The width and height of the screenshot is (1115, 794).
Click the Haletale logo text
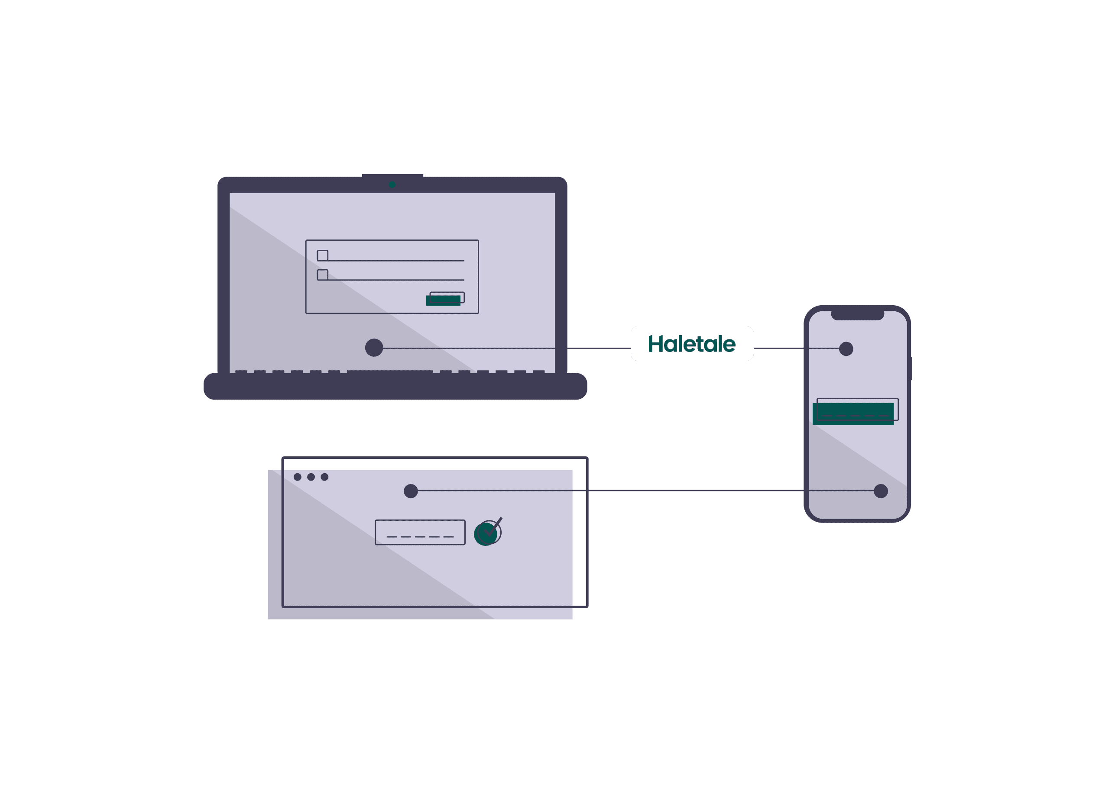pyautogui.click(x=691, y=344)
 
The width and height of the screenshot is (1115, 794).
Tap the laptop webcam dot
pyautogui.click(x=392, y=185)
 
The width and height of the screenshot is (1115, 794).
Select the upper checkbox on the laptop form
pyautogui.click(x=322, y=256)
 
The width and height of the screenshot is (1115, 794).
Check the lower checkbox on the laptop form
pyautogui.click(x=322, y=275)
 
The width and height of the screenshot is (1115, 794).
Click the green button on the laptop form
pyautogui.click(x=443, y=300)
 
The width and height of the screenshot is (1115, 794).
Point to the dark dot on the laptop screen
pyautogui.click(x=374, y=348)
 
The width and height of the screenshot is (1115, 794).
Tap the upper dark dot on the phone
pyautogui.click(x=846, y=349)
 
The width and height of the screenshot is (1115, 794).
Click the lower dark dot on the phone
pyautogui.click(x=881, y=491)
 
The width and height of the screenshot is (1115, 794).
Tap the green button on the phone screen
pyautogui.click(x=853, y=413)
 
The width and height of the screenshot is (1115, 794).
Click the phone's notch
pyautogui.click(x=857, y=315)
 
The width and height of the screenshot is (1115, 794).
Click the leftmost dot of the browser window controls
pyautogui.click(x=298, y=477)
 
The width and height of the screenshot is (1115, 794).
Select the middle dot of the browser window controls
pyautogui.click(x=311, y=477)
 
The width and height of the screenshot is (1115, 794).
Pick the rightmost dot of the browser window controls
pyautogui.click(x=324, y=477)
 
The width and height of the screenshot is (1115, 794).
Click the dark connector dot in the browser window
pyautogui.click(x=411, y=491)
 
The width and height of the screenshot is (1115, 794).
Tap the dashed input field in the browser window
pyautogui.click(x=420, y=533)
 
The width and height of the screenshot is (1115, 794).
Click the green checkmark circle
pyautogui.click(x=485, y=534)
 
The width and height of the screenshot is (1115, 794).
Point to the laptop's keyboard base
pyautogui.click(x=395, y=386)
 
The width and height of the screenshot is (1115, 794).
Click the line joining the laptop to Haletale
pyautogui.click(x=507, y=348)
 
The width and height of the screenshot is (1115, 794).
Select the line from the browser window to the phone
pyautogui.click(x=646, y=491)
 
